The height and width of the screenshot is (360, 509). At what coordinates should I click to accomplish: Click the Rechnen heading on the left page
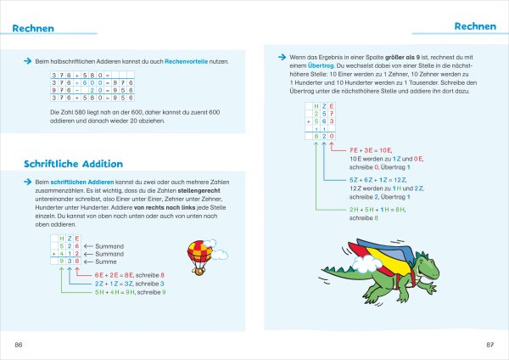[35, 29]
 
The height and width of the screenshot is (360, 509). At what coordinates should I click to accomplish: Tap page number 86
[19, 344]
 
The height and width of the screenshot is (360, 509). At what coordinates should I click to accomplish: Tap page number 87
[489, 344]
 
